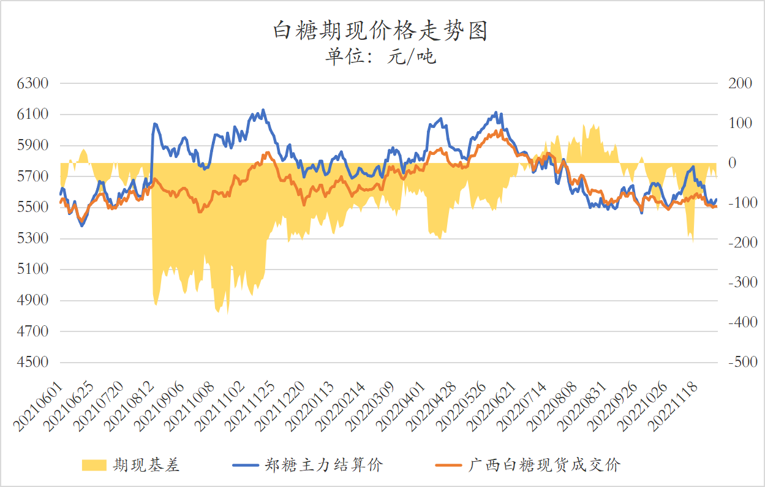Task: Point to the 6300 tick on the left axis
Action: [x=33, y=83]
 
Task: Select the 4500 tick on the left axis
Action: [x=33, y=362]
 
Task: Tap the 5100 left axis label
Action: [x=33, y=269]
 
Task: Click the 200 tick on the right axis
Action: [x=739, y=83]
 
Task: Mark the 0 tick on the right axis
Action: [x=732, y=163]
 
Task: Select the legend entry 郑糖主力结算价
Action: [x=324, y=466]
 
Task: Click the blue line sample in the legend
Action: [x=246, y=466]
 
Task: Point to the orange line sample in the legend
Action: [x=448, y=466]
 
